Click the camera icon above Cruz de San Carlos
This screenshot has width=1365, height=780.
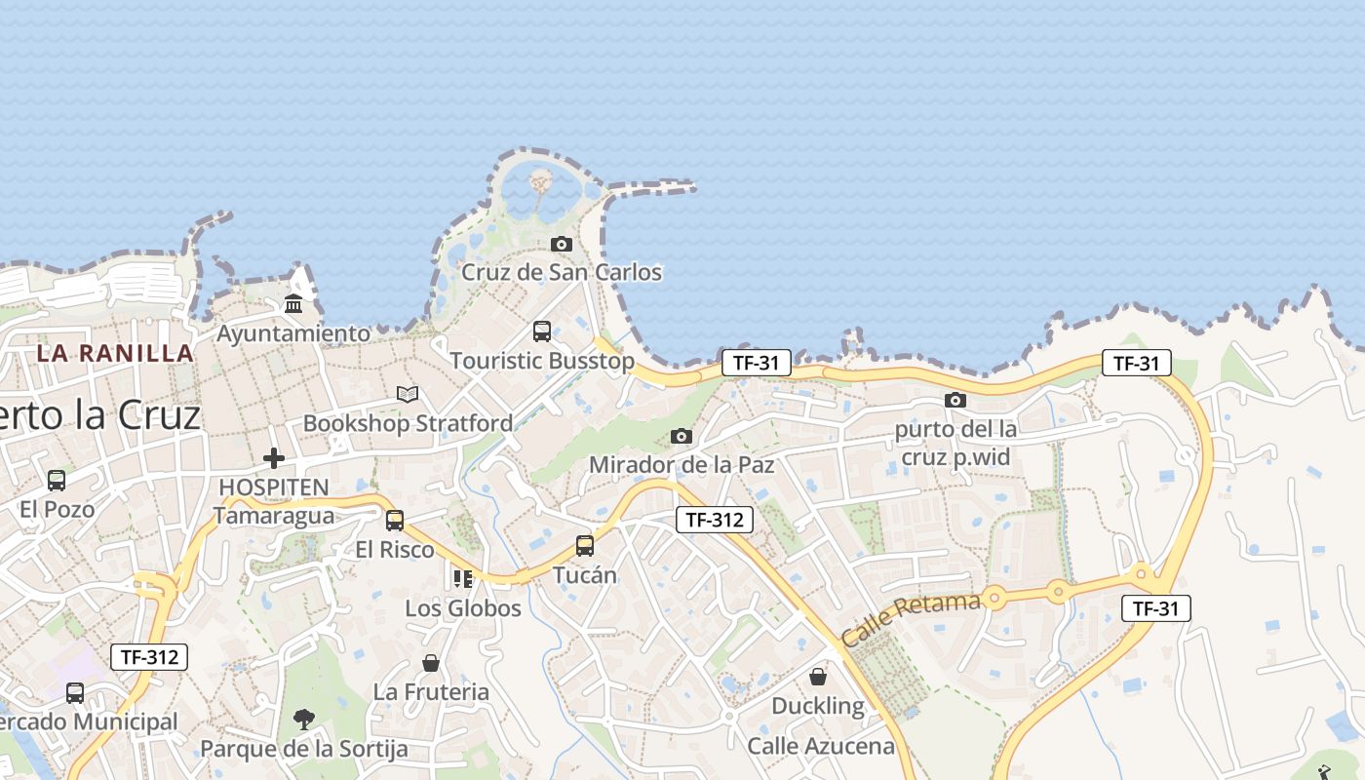[561, 244]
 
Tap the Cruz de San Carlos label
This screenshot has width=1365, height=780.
[561, 272]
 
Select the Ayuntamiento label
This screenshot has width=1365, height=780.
[293, 333]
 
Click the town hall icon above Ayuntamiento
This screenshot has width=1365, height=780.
[293, 305]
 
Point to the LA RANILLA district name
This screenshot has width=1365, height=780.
[115, 353]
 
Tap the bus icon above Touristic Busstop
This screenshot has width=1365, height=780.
[542, 331]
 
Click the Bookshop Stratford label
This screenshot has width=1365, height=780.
[408, 423]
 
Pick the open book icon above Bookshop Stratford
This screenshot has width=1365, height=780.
[408, 394]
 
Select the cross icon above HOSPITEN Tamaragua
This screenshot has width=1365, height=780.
[274, 457]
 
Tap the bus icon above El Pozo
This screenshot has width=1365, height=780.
[57, 480]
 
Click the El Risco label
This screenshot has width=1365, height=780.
[394, 550]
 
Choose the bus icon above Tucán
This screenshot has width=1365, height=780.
[585, 546]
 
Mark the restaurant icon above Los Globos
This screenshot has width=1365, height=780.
[463, 579]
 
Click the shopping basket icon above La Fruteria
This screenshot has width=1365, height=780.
[431, 663]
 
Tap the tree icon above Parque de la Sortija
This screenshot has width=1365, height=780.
[304, 720]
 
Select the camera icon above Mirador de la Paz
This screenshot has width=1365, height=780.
[682, 436]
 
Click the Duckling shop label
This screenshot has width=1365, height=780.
[818, 706]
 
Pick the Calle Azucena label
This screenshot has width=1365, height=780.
[821, 747]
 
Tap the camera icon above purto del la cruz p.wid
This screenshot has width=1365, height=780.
[955, 400]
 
